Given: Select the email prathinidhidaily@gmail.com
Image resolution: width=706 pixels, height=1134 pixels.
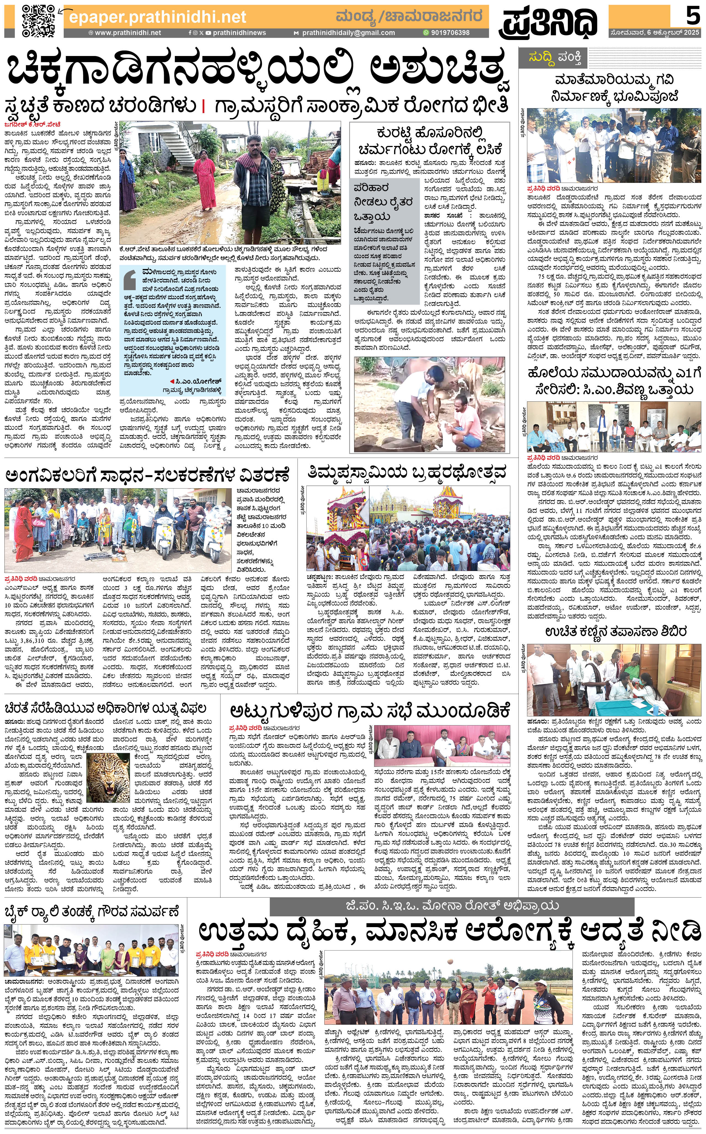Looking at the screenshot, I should click(x=348, y=33).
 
